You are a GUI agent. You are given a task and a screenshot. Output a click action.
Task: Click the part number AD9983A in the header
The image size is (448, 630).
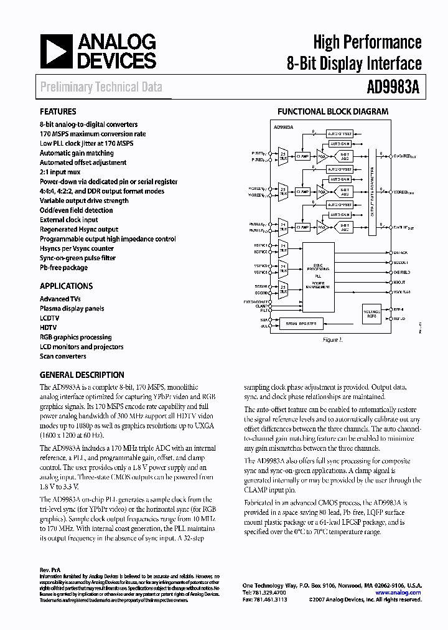point(391,87)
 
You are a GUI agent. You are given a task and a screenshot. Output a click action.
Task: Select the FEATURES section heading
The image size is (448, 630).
point(58,112)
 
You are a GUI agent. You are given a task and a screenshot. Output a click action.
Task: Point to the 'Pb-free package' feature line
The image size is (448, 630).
point(63,268)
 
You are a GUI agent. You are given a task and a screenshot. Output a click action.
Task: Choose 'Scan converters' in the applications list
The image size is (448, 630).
point(63,356)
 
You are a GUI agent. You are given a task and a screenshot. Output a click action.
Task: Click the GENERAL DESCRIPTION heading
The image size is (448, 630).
point(82,375)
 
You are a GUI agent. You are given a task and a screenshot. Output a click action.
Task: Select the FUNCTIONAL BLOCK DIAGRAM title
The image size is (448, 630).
point(333,112)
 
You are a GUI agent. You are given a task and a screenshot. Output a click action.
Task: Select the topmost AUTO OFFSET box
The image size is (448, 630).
point(340,133)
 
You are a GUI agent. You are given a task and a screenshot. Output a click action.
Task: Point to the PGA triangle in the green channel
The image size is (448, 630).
point(321,192)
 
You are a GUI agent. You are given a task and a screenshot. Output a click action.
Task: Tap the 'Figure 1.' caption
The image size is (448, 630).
point(332,340)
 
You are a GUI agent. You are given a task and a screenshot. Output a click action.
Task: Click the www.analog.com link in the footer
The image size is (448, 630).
point(398,593)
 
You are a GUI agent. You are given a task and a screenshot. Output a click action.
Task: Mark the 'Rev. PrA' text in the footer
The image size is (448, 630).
point(49,570)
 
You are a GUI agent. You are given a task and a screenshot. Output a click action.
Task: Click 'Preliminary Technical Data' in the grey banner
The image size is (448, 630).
point(101,87)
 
